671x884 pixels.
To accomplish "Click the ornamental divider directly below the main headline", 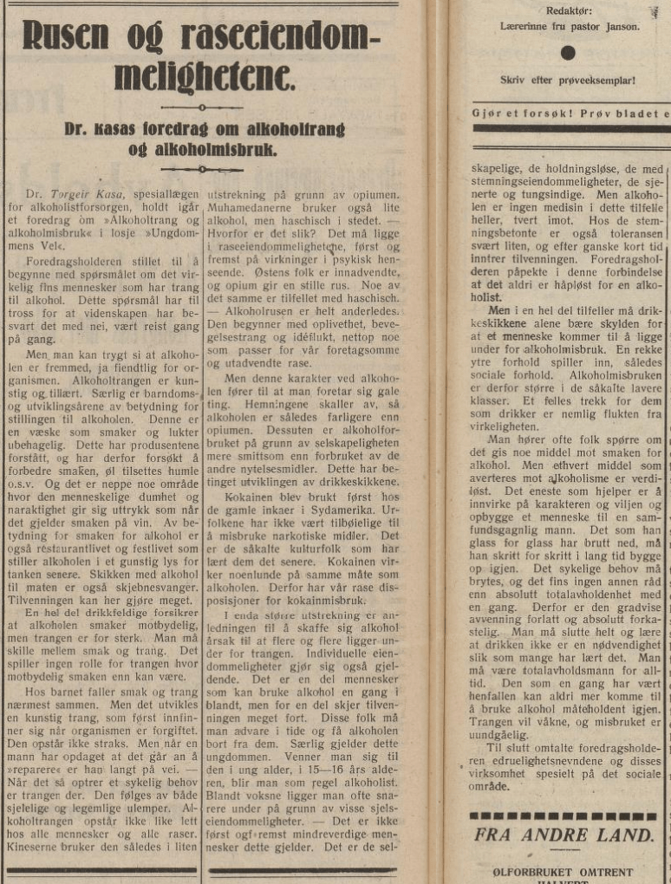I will [202, 107].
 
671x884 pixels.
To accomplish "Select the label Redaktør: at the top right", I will [569, 11].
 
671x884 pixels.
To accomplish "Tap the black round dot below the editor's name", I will [568, 53].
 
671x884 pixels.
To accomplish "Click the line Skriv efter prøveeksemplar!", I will [568, 81].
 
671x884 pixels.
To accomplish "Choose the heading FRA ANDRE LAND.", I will [564, 835].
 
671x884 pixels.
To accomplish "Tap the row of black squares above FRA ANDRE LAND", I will [564, 816].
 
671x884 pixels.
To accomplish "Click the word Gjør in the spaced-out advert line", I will [488, 113].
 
